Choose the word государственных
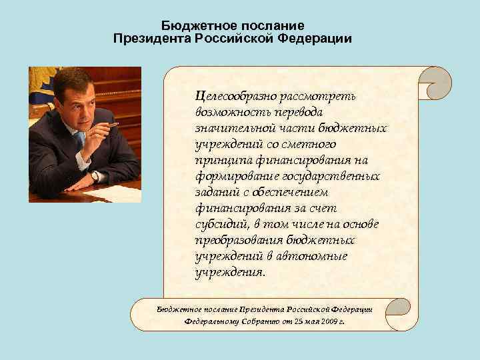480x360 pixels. (x=331, y=177)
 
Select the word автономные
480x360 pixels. (x=314, y=257)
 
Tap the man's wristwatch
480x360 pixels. (x=96, y=177)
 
